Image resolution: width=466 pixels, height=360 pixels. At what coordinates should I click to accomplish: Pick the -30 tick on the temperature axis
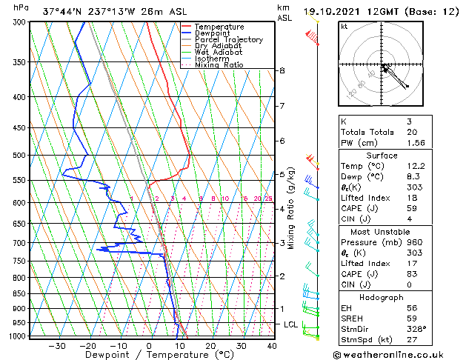[56, 346]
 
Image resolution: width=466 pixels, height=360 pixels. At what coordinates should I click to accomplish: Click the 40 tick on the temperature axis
[272, 346]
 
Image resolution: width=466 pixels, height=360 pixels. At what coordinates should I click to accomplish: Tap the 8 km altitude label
[282, 70]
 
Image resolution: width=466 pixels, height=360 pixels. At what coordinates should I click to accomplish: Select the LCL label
[291, 324]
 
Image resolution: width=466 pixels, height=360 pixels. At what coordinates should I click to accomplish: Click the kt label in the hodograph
[344, 26]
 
